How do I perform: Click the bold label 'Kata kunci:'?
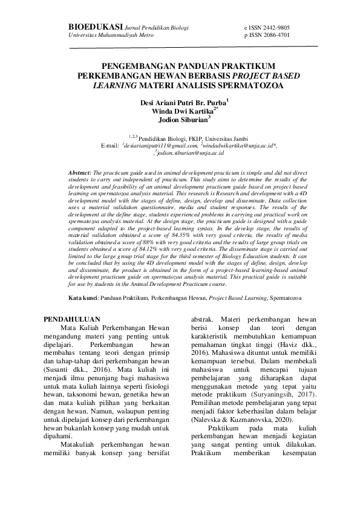pos(83,298)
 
